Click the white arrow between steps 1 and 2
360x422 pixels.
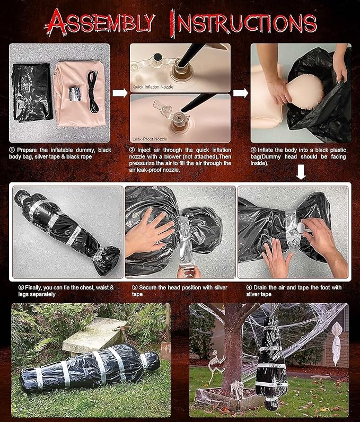pos(120,93)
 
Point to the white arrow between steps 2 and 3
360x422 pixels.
pos(241,93)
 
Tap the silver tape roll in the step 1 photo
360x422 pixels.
pos(73,94)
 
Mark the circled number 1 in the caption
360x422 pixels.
pos(12,151)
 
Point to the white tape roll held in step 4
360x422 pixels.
pos(302,226)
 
